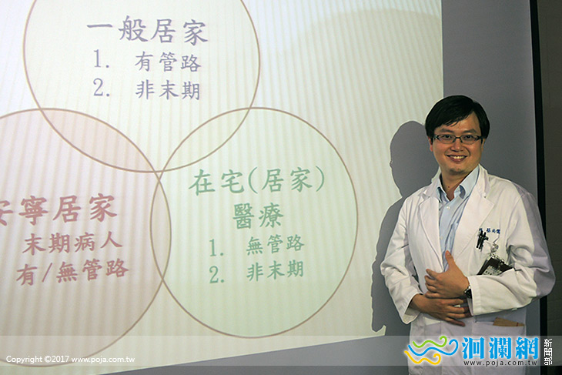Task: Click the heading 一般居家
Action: pyautogui.click(x=147, y=32)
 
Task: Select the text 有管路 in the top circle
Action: pyautogui.click(x=168, y=62)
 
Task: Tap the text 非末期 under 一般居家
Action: pyautogui.click(x=168, y=89)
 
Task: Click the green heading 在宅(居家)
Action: pyautogui.click(x=257, y=182)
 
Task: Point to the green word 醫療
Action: pyautogui.click(x=257, y=215)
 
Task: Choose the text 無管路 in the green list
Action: pyautogui.click(x=275, y=244)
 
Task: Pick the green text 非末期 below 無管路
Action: pyautogui.click(x=275, y=270)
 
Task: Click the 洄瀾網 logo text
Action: pyautogui.click(x=500, y=350)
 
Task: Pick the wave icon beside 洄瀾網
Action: pyautogui.click(x=432, y=351)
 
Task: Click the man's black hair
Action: pyautogui.click(x=457, y=112)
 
